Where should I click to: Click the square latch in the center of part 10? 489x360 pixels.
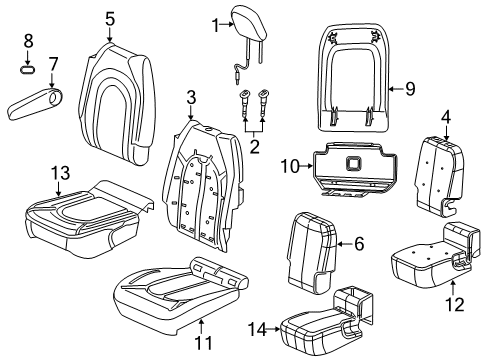click(354, 164)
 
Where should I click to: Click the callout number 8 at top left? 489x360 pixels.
click(28, 41)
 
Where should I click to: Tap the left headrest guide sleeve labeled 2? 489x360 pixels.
click(244, 104)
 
